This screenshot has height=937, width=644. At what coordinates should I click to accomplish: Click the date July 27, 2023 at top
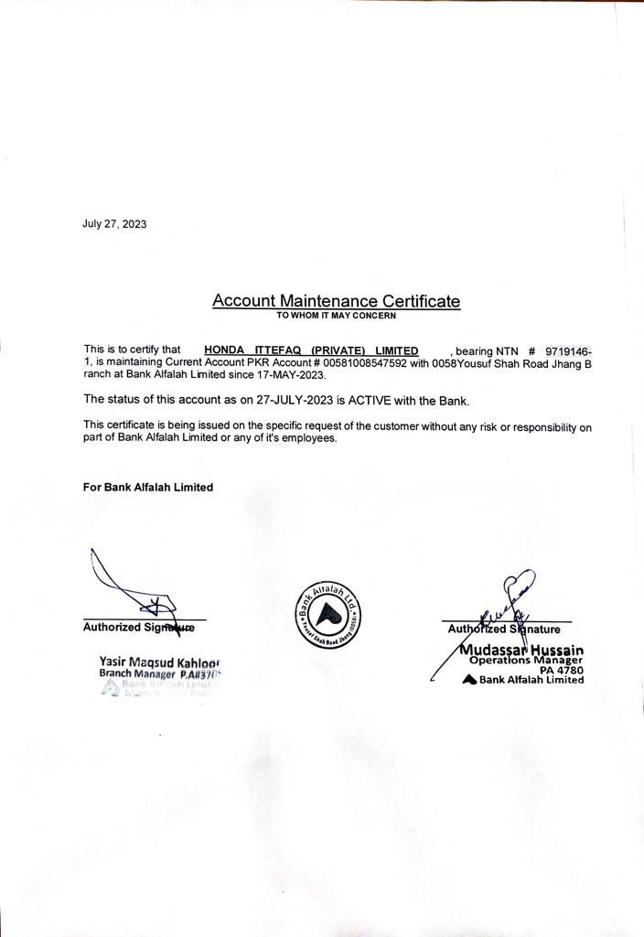pyautogui.click(x=114, y=224)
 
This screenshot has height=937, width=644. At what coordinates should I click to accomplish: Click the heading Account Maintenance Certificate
pyautogui.click(x=336, y=300)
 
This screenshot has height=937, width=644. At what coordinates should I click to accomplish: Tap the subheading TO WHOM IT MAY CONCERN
pyautogui.click(x=336, y=316)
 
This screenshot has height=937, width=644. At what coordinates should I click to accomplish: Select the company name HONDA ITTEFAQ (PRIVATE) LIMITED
pyautogui.click(x=311, y=350)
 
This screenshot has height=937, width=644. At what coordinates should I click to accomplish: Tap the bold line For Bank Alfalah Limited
pyautogui.click(x=147, y=488)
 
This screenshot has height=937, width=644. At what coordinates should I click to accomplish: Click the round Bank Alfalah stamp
pyautogui.click(x=327, y=612)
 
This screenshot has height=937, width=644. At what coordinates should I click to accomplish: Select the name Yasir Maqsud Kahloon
pyautogui.click(x=160, y=662)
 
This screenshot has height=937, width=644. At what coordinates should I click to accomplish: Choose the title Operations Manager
pyautogui.click(x=525, y=660)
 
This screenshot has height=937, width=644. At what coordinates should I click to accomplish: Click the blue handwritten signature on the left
pyautogui.click(x=128, y=586)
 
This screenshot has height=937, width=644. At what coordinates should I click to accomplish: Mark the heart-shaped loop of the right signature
pyautogui.click(x=520, y=582)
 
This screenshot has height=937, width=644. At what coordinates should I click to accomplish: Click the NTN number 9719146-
pyautogui.click(x=568, y=350)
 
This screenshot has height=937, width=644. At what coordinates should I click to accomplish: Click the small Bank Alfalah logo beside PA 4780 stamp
pyautogui.click(x=469, y=679)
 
